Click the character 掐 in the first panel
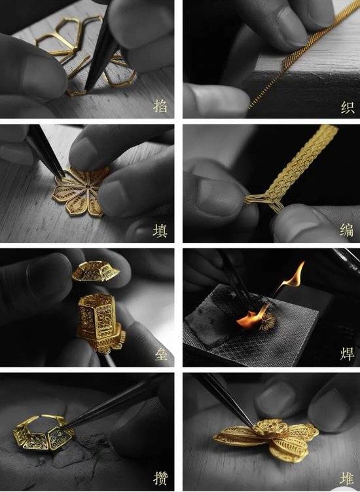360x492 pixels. [x=160, y=105]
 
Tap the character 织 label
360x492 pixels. [x=348, y=107]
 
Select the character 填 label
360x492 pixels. [x=160, y=231]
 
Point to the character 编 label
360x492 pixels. [x=347, y=230]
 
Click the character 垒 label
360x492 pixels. [x=160, y=354]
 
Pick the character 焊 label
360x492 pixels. [x=347, y=354]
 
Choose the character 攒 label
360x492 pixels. [x=160, y=478]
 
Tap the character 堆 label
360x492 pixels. [x=347, y=478]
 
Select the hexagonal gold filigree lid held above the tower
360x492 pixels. [x=96, y=271]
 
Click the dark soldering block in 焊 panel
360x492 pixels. [x=251, y=326]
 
